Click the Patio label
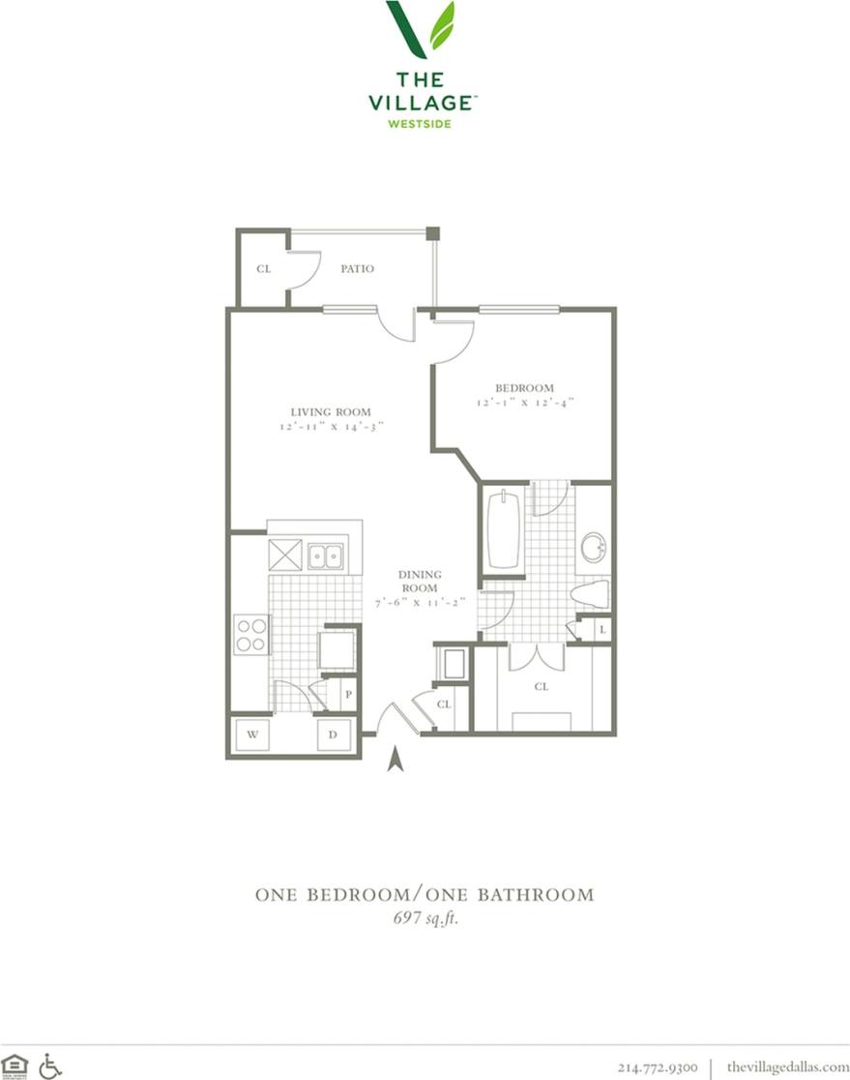coord(357,268)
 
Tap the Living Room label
coord(332,411)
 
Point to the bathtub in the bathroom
coord(503,531)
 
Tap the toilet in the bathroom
coord(589,592)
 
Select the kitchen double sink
coord(325,556)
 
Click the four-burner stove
coord(250,635)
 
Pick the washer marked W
coord(251,735)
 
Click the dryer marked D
coord(333,735)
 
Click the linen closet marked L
coord(601,629)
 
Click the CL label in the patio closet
coord(263,268)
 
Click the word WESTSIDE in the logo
coord(420,123)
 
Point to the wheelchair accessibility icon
coord(50,1065)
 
